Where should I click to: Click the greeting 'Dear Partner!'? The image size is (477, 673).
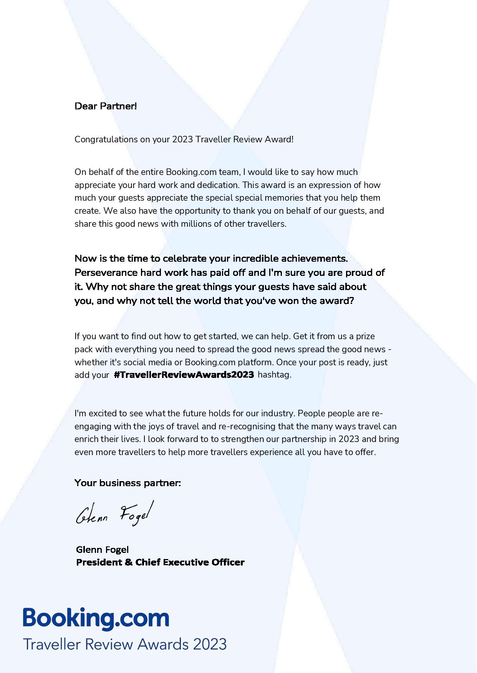(106, 106)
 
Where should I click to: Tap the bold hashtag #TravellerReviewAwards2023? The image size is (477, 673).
(184, 375)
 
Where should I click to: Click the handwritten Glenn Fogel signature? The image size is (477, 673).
(114, 513)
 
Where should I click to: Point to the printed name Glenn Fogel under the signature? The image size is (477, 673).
(103, 550)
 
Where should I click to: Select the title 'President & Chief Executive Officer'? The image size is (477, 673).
(160, 562)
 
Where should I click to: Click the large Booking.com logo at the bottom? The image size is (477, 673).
(96, 619)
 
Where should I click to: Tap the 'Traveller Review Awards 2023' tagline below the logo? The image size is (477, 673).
(125, 644)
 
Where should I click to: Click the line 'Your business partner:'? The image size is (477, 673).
(128, 483)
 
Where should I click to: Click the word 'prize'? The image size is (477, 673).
(365, 336)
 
